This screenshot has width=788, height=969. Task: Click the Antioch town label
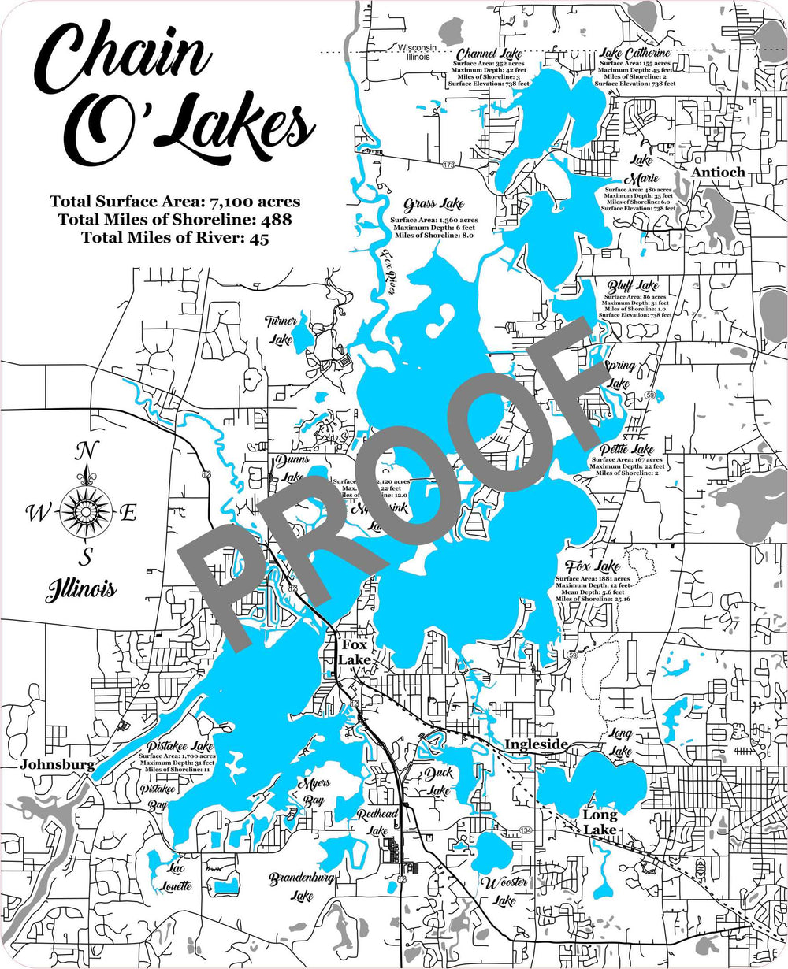tap(718, 172)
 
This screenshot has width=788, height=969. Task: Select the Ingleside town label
tap(536, 744)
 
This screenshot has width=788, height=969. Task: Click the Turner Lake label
tap(281, 330)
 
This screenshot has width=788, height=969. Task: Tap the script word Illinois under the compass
tap(80, 588)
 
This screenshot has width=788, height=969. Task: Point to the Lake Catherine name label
tap(635, 53)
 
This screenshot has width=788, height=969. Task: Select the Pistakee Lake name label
tap(180, 745)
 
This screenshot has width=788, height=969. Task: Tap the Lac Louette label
tap(176, 877)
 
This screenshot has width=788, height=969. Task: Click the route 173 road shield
tap(448, 165)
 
